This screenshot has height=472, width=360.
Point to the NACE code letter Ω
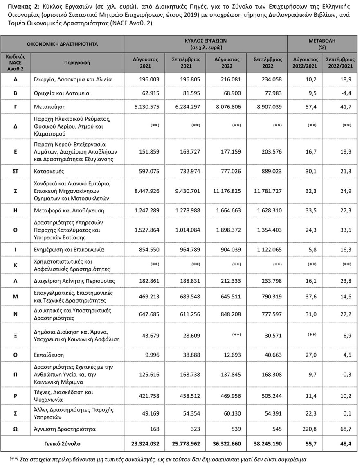coord(15,429)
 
